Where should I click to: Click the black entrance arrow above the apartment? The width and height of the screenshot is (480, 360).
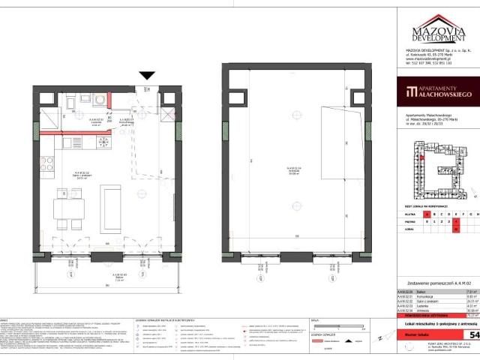tap(148, 76)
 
